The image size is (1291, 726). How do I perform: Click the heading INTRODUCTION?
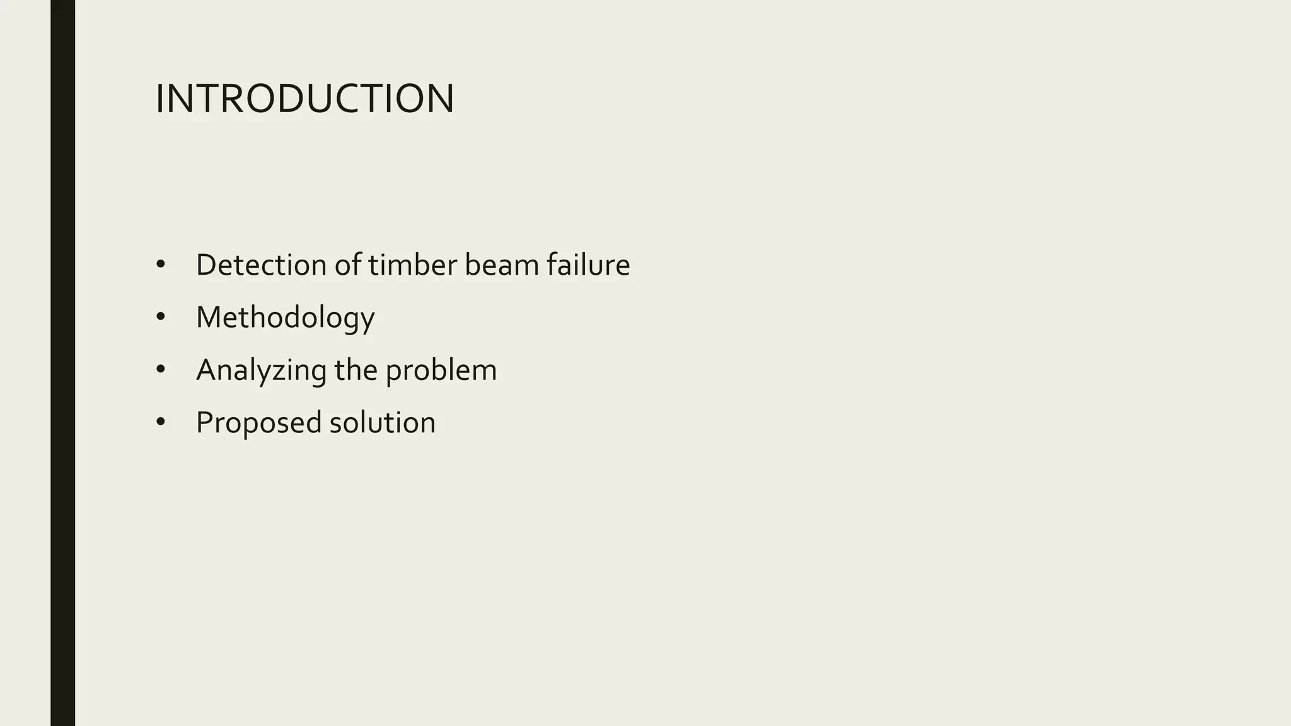pos(304,99)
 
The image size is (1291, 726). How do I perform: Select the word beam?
pos(502,265)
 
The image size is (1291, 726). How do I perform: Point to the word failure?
pos(588,265)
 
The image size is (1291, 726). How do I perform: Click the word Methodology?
pos(285,318)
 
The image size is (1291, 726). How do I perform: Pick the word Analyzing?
pos(261,370)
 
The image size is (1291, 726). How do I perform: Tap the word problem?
pos(441,371)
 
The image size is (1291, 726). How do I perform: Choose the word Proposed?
pos(259,423)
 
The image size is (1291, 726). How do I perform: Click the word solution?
pos(382,422)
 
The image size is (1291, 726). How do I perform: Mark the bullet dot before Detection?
pos(160,265)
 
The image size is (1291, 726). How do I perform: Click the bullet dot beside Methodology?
pos(160,318)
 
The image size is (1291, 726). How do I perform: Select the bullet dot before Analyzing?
pos(160,371)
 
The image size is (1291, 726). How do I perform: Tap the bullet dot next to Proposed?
pos(160,423)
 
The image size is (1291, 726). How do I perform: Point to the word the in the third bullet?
pos(356,370)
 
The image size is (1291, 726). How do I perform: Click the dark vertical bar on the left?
pos(62,363)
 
